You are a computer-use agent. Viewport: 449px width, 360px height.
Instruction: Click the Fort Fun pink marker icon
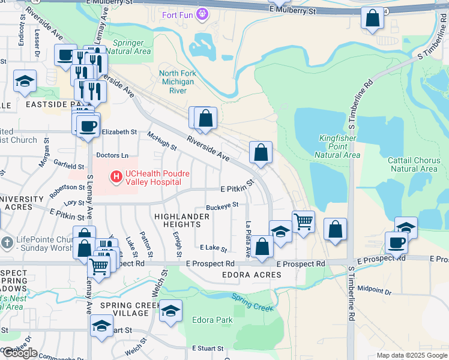203,12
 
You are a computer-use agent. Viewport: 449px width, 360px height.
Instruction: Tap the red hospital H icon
116,176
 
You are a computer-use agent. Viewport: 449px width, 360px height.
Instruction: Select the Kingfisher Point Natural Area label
337,147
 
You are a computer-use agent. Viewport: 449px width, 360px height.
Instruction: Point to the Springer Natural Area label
127,47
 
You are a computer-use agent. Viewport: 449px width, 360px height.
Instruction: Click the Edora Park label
212,320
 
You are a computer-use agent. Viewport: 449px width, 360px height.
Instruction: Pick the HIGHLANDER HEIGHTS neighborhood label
178,220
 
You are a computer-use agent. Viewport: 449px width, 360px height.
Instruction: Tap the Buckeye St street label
222,205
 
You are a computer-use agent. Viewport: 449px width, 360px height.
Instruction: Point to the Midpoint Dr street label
374,290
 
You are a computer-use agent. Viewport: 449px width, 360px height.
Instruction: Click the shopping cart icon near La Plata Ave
303,222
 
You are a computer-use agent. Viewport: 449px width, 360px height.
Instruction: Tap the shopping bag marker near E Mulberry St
372,19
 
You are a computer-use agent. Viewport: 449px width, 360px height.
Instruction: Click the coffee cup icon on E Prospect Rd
396,242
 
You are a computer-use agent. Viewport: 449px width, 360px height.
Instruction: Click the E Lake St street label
213,248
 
